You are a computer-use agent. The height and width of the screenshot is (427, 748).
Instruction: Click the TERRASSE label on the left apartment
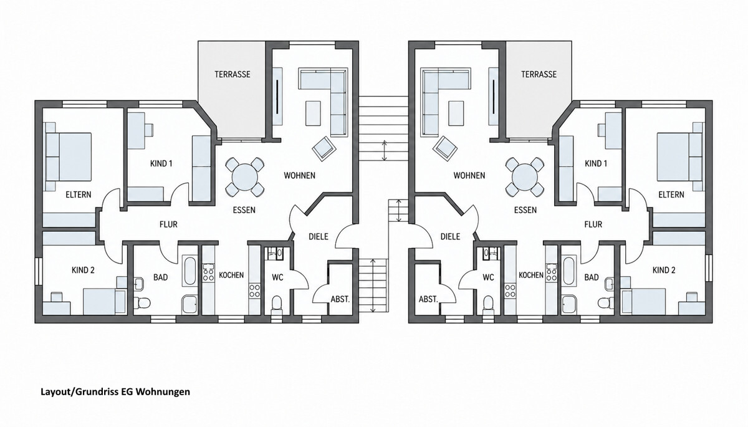(233, 74)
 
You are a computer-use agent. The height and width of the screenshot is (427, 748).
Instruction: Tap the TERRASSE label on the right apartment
(539, 74)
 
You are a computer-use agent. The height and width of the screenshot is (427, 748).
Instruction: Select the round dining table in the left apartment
(245, 177)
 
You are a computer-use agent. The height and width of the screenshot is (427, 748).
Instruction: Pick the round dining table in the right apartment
(525, 177)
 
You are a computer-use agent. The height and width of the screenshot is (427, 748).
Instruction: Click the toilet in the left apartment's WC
(277, 304)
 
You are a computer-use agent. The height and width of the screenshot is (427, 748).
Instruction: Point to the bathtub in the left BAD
(189, 271)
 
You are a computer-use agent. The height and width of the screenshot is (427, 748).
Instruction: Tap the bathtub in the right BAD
(568, 271)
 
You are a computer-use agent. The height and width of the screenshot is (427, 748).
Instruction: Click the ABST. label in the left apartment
(340, 299)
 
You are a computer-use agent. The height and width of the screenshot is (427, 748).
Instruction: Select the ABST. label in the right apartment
(428, 299)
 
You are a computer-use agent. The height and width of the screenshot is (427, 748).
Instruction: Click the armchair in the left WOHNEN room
(324, 148)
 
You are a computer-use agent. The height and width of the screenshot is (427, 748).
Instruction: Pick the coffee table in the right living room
(456, 113)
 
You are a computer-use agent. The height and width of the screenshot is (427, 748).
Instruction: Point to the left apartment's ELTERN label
(79, 194)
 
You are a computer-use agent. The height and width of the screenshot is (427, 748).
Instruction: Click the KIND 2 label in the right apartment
(664, 270)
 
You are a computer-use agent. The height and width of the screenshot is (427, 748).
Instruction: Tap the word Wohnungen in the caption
(163, 392)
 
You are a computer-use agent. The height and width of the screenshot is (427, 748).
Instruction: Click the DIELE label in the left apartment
(319, 237)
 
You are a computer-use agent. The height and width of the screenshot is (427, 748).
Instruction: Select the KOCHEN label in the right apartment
(531, 275)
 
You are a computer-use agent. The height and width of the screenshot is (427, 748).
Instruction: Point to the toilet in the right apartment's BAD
(603, 303)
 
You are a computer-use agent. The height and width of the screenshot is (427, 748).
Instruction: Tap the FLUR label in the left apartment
(169, 224)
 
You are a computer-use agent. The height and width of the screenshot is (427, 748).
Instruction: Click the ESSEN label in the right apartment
(525, 210)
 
